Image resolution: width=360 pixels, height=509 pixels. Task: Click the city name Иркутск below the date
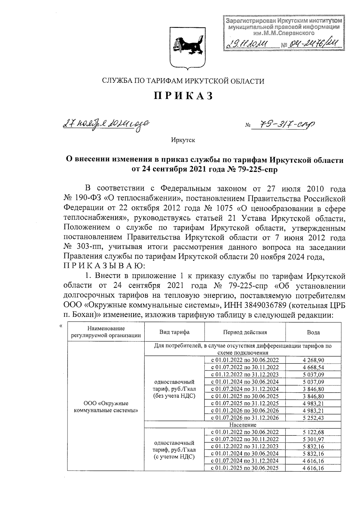click(x=183, y=140)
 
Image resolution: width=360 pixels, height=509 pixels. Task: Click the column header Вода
click(x=313, y=332)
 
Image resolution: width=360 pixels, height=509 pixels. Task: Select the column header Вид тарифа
click(x=174, y=332)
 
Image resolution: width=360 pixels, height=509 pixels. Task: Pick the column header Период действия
click(x=245, y=332)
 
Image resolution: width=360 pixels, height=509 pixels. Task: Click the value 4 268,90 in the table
click(x=313, y=360)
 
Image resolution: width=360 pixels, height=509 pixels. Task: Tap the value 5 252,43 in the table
click(x=313, y=418)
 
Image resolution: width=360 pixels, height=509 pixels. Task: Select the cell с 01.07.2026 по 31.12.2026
click(x=245, y=418)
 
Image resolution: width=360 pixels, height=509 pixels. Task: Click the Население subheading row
click(x=243, y=425)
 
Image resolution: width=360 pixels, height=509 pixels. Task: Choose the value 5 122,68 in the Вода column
click(x=313, y=432)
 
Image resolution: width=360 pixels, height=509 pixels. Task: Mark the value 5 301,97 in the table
click(x=313, y=439)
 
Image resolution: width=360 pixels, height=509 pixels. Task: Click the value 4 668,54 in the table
click(x=313, y=367)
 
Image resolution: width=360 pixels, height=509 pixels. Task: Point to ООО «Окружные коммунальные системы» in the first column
click(x=106, y=407)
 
